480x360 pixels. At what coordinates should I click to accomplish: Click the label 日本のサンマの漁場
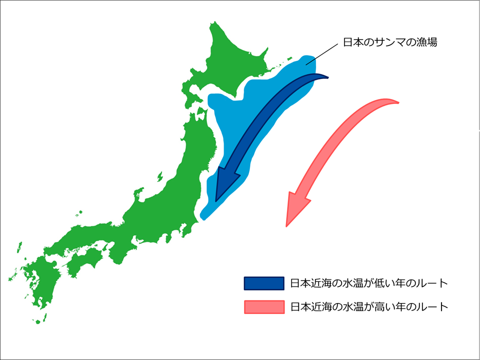coord(390,42)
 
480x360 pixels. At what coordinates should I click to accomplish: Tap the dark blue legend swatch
coord(263,283)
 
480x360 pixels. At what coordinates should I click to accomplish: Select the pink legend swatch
coord(263,306)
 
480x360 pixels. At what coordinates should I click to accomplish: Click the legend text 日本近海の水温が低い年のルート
coord(369,283)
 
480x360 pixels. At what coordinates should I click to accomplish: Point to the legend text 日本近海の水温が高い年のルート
coord(369,306)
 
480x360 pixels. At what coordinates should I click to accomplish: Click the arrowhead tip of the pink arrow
coord(286,226)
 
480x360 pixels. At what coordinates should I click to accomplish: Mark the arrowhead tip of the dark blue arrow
coord(216,201)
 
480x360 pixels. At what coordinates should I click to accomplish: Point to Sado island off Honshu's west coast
coord(160,177)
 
